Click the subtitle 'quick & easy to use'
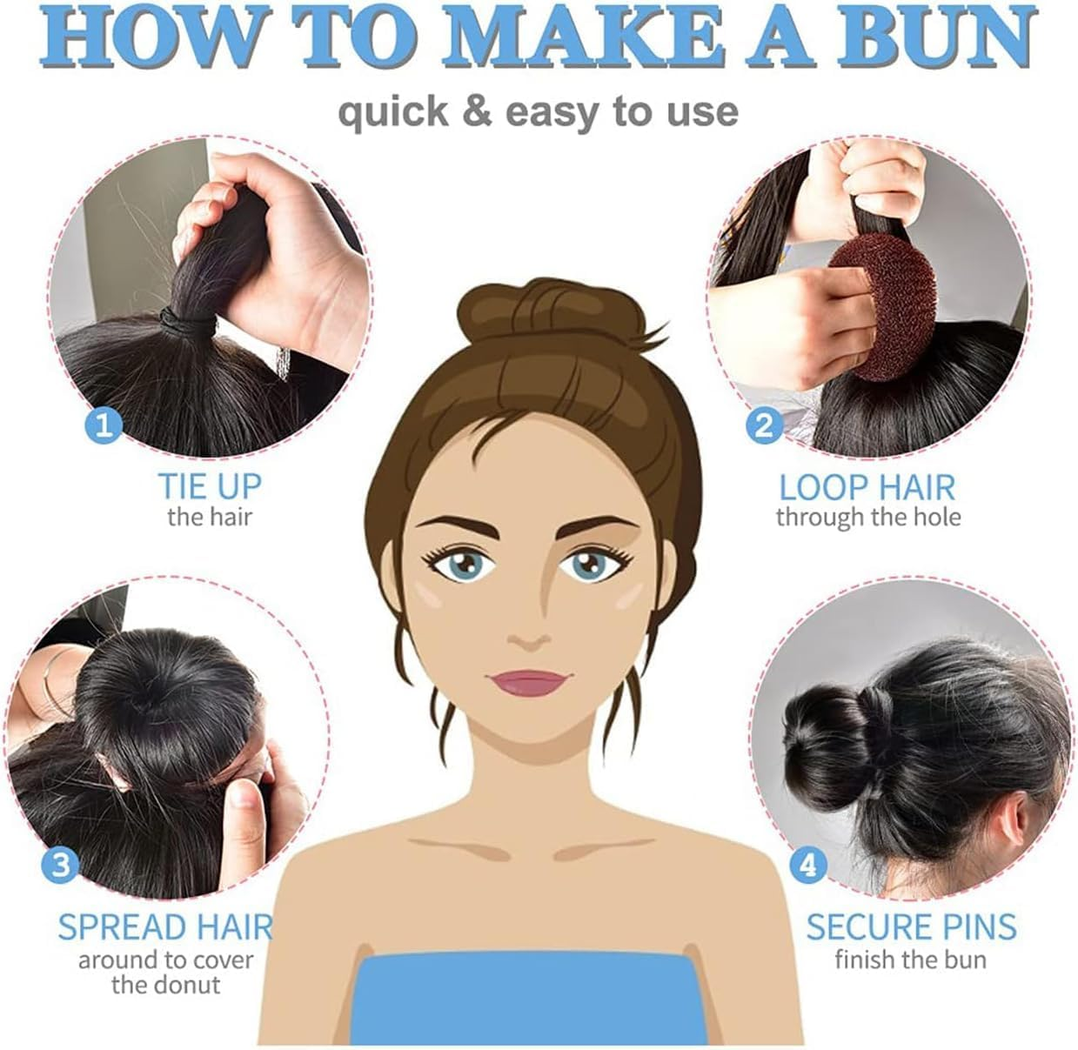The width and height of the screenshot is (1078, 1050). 538,112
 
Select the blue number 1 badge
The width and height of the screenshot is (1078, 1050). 104,425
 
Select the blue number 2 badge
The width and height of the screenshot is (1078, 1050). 763,425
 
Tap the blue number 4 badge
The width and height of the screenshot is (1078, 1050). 808,865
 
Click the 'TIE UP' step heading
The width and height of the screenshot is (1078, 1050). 209,486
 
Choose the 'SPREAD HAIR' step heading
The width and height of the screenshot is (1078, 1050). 165,927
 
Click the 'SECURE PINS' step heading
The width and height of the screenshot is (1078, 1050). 911,927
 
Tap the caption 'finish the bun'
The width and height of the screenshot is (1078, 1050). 910,960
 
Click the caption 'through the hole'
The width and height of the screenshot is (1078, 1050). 868,518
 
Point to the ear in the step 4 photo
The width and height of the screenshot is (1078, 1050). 1009,818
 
